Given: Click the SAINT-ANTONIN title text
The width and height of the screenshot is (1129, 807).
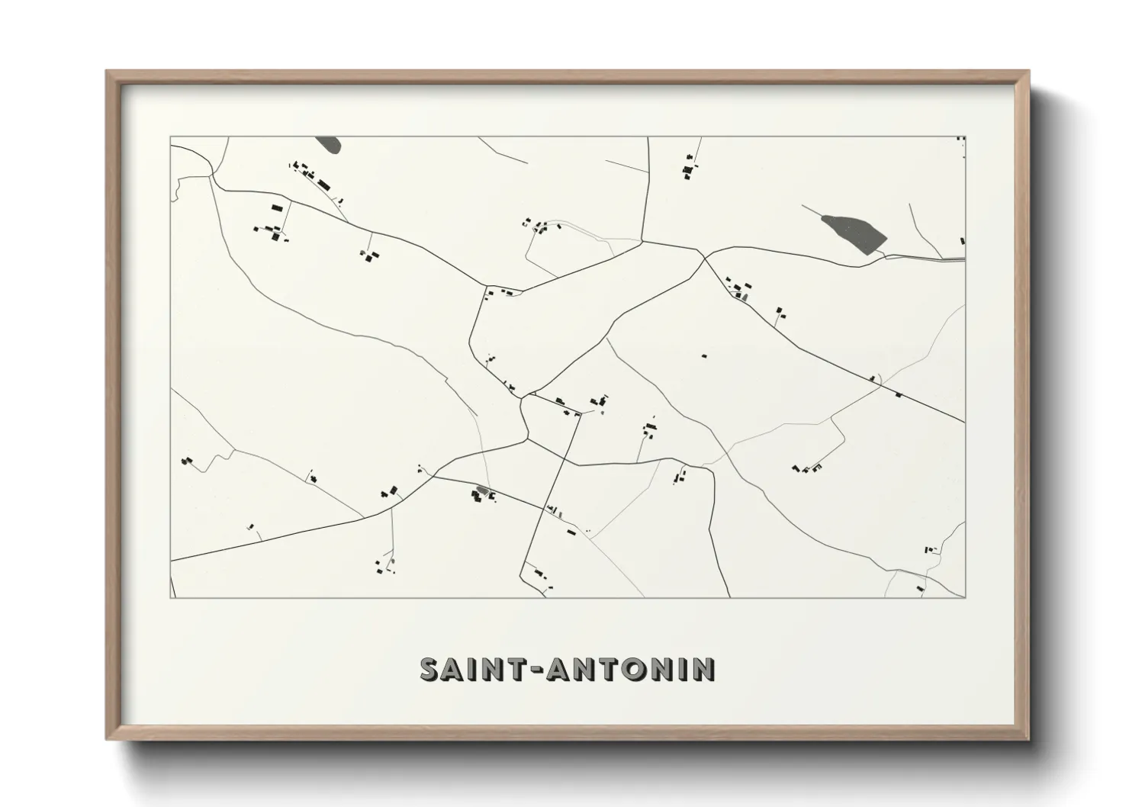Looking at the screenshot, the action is pyautogui.click(x=568, y=669).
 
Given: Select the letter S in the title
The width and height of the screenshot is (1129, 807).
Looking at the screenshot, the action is pyautogui.click(x=430, y=669).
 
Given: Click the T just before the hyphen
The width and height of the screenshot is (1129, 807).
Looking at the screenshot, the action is pyautogui.click(x=510, y=669).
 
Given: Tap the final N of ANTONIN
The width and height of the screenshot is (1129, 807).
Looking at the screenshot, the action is pyautogui.click(x=704, y=669).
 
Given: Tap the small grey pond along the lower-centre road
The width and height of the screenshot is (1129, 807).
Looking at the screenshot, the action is pyautogui.click(x=482, y=490).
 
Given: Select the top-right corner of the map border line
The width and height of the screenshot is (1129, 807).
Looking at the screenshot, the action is pyautogui.click(x=965, y=137).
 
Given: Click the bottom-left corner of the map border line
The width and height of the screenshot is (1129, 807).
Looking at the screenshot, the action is pyautogui.click(x=170, y=598).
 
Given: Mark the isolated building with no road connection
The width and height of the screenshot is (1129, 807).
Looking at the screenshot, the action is pyautogui.click(x=703, y=355).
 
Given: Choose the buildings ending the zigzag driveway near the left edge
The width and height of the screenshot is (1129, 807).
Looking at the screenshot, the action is pyautogui.click(x=185, y=461).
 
